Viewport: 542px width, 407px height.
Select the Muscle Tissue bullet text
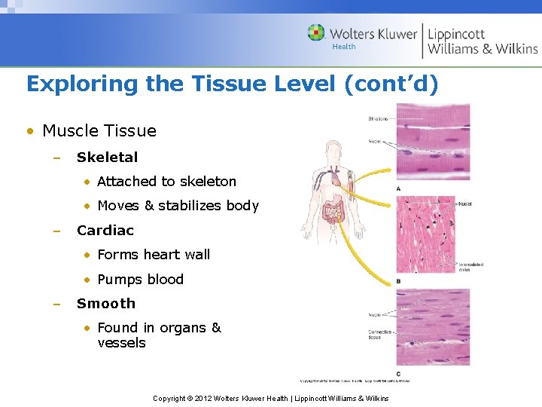coord(99,131)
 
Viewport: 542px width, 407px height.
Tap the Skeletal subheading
coord(107,158)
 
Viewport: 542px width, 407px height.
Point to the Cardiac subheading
coord(105,231)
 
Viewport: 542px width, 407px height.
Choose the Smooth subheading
coord(105,304)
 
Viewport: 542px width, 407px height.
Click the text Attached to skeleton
coord(166,182)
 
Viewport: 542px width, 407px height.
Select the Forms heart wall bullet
coord(154,255)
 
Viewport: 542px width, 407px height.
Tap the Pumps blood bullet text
coord(140,280)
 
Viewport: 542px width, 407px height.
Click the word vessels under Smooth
coord(121,343)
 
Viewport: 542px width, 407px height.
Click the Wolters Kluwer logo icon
coord(317,33)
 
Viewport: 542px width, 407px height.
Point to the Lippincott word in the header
coord(456,34)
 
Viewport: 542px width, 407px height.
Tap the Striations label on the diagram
coord(379,119)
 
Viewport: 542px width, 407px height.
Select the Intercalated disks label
coord(471,267)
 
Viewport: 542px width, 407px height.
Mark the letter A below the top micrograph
coord(397,188)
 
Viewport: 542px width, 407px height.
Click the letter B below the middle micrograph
coord(397,281)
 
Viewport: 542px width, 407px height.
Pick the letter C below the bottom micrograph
coord(397,374)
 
